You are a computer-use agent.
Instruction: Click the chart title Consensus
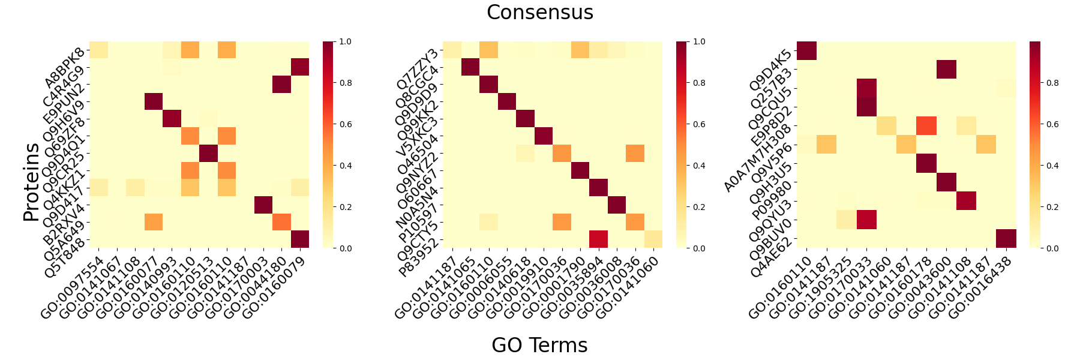click(539, 13)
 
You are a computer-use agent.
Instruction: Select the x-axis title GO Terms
click(539, 345)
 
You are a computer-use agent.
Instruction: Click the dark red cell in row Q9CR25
click(209, 154)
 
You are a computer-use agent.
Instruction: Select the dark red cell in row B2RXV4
click(263, 205)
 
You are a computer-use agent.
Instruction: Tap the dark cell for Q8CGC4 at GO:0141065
click(470, 68)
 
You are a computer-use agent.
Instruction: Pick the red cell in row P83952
click(599, 239)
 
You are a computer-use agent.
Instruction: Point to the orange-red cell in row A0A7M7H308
click(926, 128)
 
